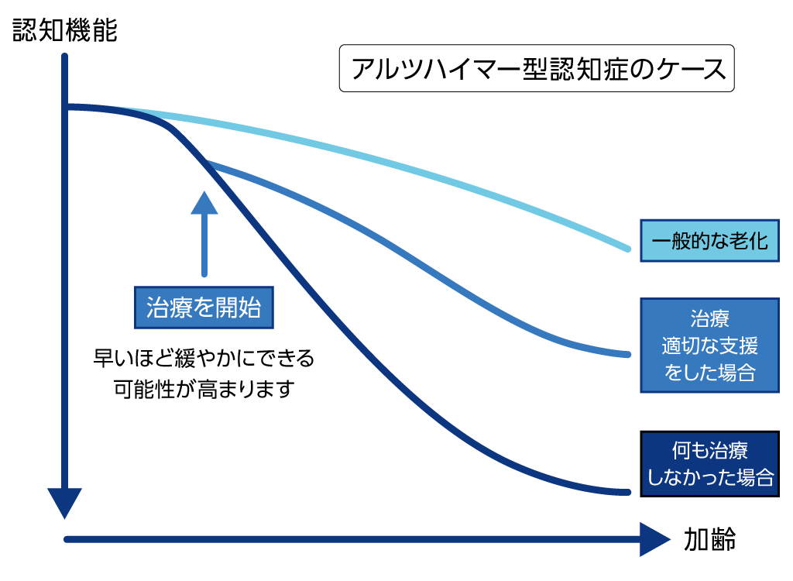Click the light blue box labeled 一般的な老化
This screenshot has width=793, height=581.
[x=709, y=240]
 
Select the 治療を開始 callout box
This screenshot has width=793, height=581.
[x=204, y=308]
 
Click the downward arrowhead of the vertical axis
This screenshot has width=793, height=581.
[x=65, y=504]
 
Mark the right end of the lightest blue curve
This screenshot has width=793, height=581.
[x=629, y=249]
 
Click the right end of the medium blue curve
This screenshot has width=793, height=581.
[x=629, y=354]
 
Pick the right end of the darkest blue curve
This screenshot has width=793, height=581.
[x=629, y=491]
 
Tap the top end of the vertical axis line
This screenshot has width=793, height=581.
[x=65, y=56]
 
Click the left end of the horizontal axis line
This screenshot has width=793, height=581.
[x=67, y=539]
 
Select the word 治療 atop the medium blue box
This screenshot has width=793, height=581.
[x=709, y=319]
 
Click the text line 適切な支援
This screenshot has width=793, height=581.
[x=709, y=346]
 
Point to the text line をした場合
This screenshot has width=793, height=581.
[x=709, y=373]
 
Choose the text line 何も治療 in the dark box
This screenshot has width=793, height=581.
[x=709, y=451]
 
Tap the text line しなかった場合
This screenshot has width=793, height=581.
[x=709, y=477]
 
